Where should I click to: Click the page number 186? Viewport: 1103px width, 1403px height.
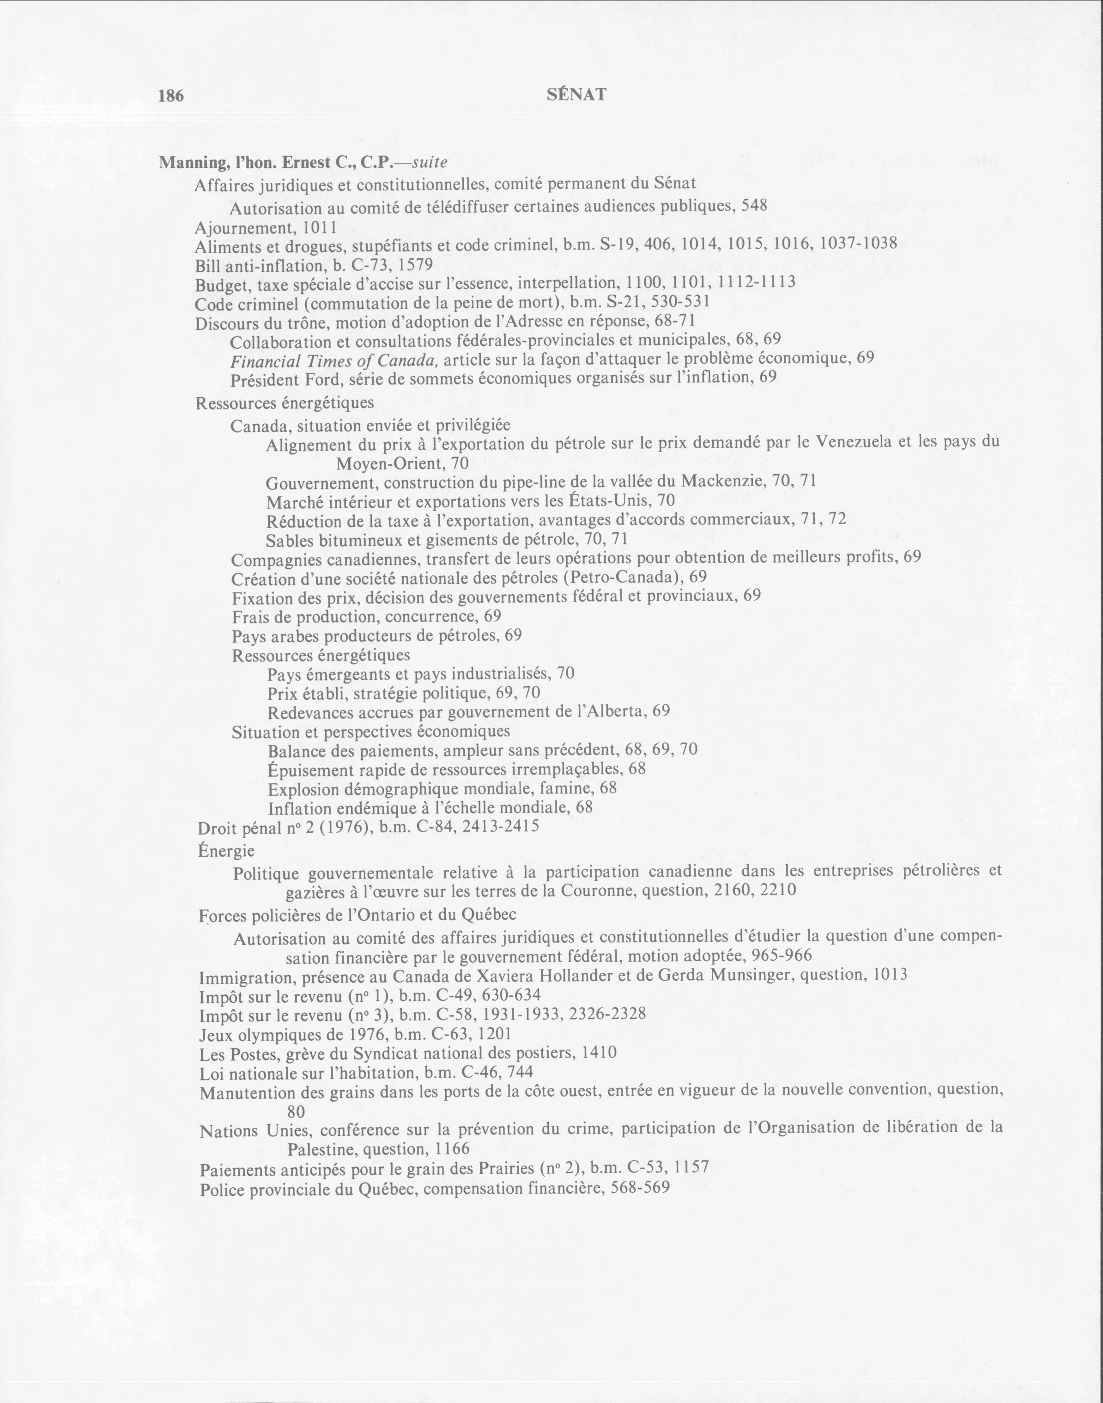pos(171,96)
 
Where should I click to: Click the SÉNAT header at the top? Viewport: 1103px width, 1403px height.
pos(576,95)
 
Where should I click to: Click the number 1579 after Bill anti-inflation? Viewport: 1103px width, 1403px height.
pos(412,265)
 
